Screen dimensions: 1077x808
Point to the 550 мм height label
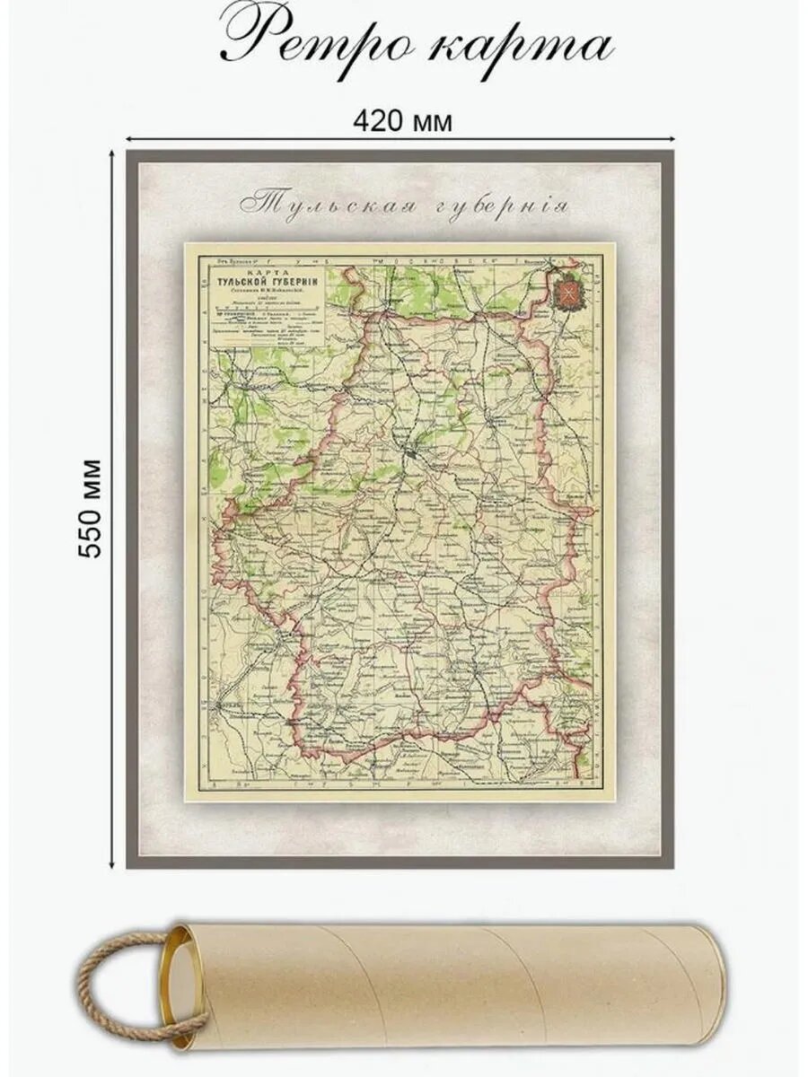(92, 509)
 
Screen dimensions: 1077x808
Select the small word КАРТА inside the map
(261, 270)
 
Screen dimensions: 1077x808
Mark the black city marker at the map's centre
(410, 454)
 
